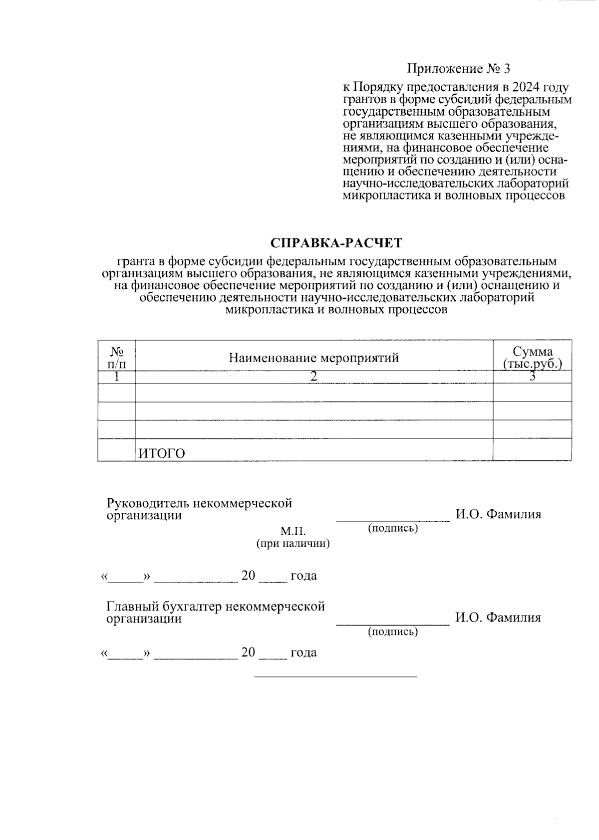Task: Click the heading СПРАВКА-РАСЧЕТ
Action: click(x=336, y=243)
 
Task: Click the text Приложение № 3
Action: click(x=459, y=68)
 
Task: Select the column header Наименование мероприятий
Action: click(x=313, y=357)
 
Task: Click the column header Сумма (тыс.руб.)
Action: click(x=532, y=357)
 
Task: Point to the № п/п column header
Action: click(x=116, y=357)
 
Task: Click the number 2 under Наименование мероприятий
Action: click(x=313, y=377)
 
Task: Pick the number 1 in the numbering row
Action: click(x=116, y=377)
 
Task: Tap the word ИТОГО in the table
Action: click(x=161, y=453)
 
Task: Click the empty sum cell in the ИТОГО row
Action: click(x=532, y=449)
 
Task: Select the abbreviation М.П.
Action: click(x=293, y=531)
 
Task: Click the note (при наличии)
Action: click(x=293, y=544)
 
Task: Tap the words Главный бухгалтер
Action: click(x=164, y=606)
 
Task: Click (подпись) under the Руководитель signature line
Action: click(x=393, y=528)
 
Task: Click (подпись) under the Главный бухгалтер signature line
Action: click(x=393, y=632)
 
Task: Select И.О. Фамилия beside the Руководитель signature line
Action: click(x=498, y=514)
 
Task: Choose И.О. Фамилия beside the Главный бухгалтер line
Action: click(x=498, y=618)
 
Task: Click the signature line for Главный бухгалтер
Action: click(x=393, y=624)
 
